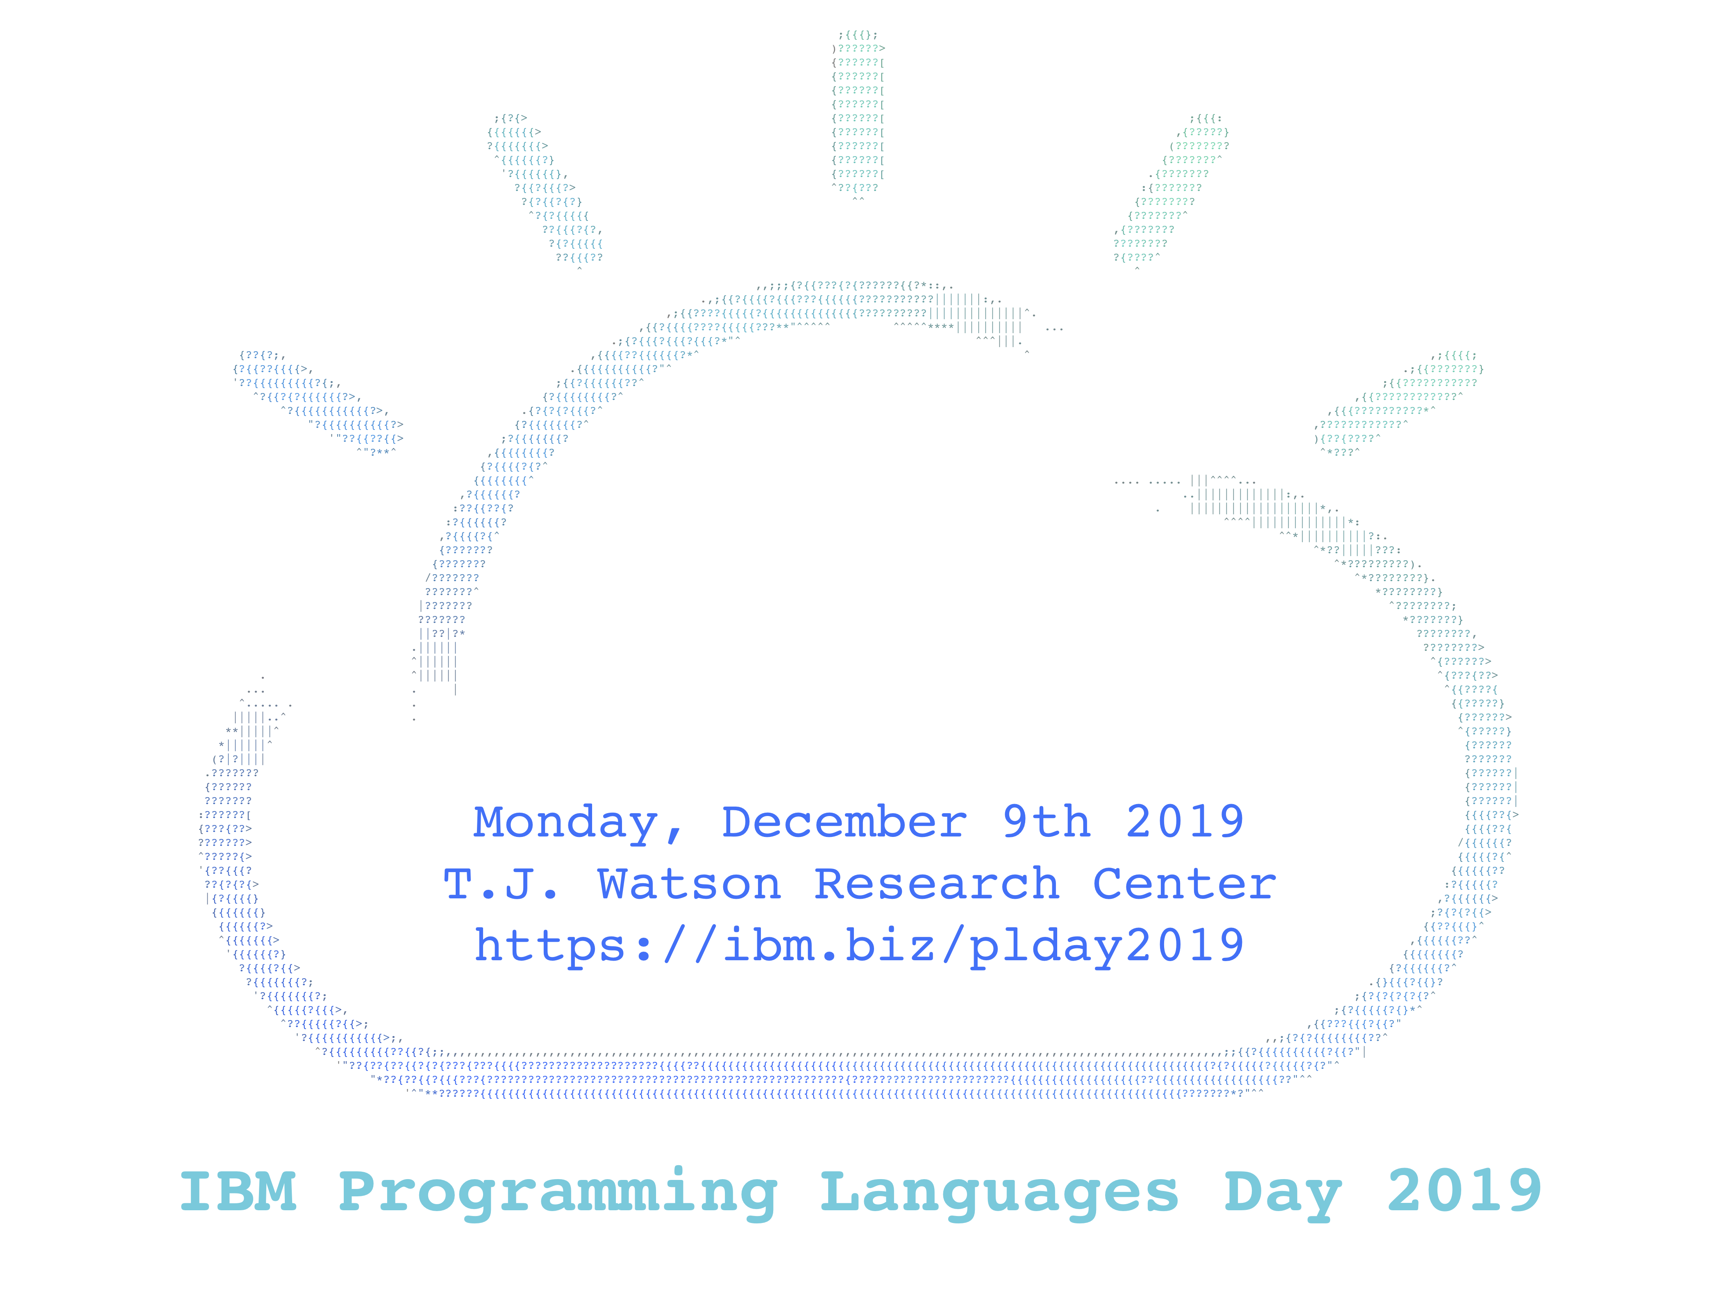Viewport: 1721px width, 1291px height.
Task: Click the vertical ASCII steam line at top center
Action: pos(858,117)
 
